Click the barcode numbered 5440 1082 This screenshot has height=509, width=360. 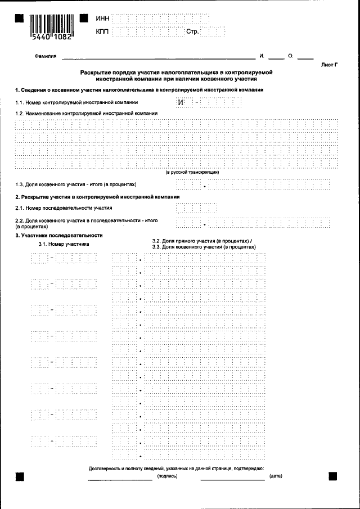tap(50, 25)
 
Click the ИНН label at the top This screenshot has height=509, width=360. tap(102, 19)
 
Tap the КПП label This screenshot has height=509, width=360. tap(102, 31)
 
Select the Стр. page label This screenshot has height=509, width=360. tap(192, 31)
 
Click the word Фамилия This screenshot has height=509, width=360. tap(46, 57)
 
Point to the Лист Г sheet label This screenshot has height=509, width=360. tap(329, 65)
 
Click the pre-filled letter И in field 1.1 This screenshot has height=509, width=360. tap(181, 102)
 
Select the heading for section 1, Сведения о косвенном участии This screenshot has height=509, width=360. tap(139, 90)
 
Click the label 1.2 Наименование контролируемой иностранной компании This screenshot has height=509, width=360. tap(86, 113)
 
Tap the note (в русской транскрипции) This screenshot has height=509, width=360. tap(192, 172)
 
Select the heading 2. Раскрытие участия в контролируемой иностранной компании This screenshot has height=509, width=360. tap(97, 197)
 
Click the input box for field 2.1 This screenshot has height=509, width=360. tap(188, 208)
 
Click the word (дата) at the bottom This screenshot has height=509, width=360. tap(276, 476)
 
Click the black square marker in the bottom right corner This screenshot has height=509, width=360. tap(332, 476)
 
